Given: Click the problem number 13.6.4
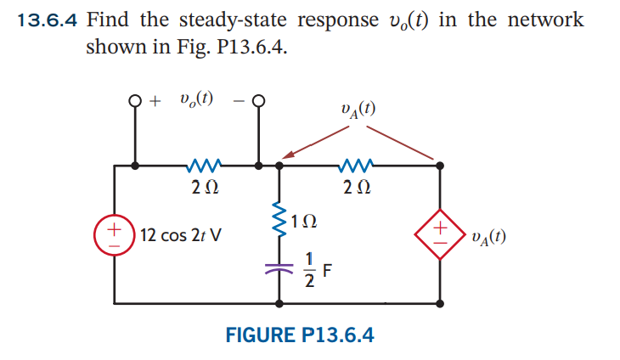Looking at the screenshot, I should click(48, 20).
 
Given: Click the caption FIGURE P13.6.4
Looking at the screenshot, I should click(299, 334).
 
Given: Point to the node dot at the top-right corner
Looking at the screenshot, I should click(440, 165).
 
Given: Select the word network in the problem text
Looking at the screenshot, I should click(544, 20).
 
